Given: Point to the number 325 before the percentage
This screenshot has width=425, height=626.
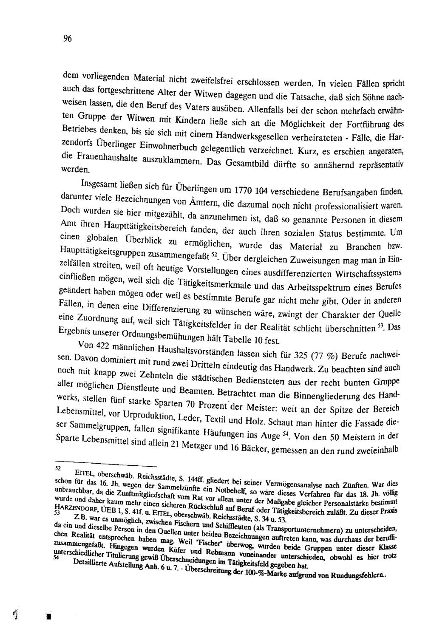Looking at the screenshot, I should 297,355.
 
